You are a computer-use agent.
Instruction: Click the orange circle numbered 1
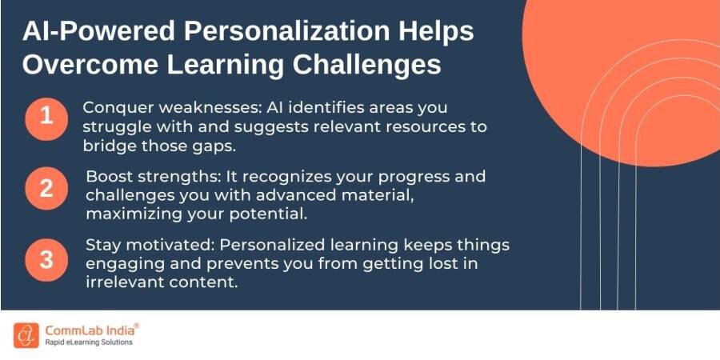46,118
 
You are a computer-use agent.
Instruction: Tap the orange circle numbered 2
46,189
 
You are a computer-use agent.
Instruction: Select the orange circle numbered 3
46,259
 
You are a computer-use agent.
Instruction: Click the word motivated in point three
162,245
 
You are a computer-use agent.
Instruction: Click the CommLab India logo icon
26,334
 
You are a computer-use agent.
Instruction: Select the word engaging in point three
123,263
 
